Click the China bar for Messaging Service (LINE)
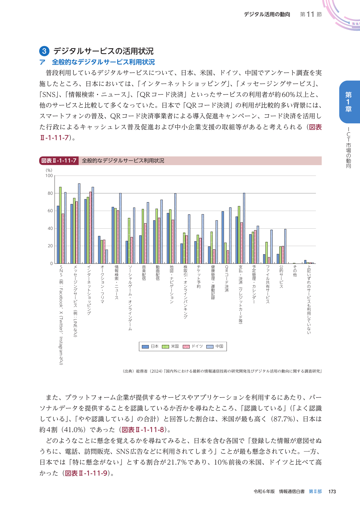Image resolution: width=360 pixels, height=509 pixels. (79, 223)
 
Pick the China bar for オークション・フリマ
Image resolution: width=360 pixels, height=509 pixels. (107, 257)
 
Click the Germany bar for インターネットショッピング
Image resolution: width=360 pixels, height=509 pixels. (91, 228)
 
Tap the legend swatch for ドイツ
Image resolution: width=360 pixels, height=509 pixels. (186, 346)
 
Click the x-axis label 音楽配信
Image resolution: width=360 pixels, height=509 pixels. (144, 272)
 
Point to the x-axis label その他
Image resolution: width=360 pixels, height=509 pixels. (295, 271)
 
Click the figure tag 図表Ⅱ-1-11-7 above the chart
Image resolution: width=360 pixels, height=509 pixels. (59, 161)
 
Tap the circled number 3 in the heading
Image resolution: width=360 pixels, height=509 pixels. (44, 51)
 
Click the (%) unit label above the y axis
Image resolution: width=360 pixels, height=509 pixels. (49, 170)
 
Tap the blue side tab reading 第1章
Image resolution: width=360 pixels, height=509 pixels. (348, 102)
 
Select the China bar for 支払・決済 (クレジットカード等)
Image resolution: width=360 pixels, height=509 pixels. (244, 228)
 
